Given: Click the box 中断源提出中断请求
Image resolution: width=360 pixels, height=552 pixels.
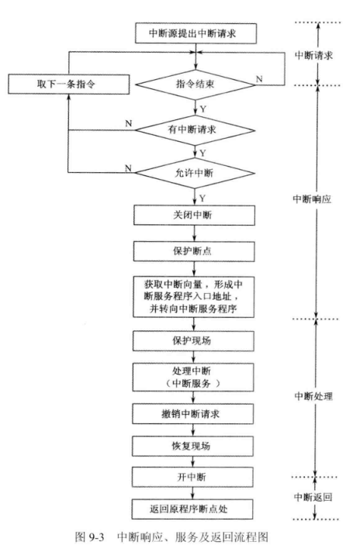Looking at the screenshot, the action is [x=196, y=33].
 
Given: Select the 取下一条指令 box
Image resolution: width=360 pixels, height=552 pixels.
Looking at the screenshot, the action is [x=69, y=85].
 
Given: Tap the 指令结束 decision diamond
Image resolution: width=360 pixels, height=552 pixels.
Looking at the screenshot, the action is [x=196, y=85].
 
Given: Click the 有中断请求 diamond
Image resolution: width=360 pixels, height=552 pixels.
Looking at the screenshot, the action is [x=196, y=130].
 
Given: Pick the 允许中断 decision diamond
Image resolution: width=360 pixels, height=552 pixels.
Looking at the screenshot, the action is [x=195, y=173].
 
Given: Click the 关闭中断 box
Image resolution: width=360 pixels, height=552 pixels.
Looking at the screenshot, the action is [x=194, y=215].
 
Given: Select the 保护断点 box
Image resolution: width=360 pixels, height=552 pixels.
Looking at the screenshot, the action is [x=194, y=251].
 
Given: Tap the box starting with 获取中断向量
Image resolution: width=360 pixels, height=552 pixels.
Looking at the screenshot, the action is [x=193, y=297].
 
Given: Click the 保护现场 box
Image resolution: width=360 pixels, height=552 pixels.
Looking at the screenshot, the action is [x=193, y=341].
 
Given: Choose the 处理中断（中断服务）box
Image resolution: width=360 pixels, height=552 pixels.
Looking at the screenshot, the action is [x=193, y=377].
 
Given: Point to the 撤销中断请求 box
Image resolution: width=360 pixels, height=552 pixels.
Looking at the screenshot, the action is [x=192, y=414].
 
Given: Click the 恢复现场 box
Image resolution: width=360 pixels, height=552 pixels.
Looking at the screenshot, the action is [x=192, y=447].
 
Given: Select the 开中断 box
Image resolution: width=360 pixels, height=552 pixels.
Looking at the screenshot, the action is [x=192, y=478].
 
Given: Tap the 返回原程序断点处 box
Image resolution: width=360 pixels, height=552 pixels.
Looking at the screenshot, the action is [x=192, y=509].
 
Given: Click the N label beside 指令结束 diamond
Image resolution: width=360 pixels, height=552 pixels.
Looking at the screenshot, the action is [x=259, y=79].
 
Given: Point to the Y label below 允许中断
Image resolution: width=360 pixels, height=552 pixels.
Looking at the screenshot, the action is [x=202, y=198].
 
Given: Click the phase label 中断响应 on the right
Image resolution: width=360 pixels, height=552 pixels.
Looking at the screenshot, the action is [x=312, y=199].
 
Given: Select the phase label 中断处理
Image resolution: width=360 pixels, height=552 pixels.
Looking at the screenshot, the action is [x=313, y=396].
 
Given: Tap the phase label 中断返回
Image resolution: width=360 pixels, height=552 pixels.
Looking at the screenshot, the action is [x=313, y=497].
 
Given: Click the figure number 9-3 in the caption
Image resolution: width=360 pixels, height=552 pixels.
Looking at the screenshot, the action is [x=96, y=537].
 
